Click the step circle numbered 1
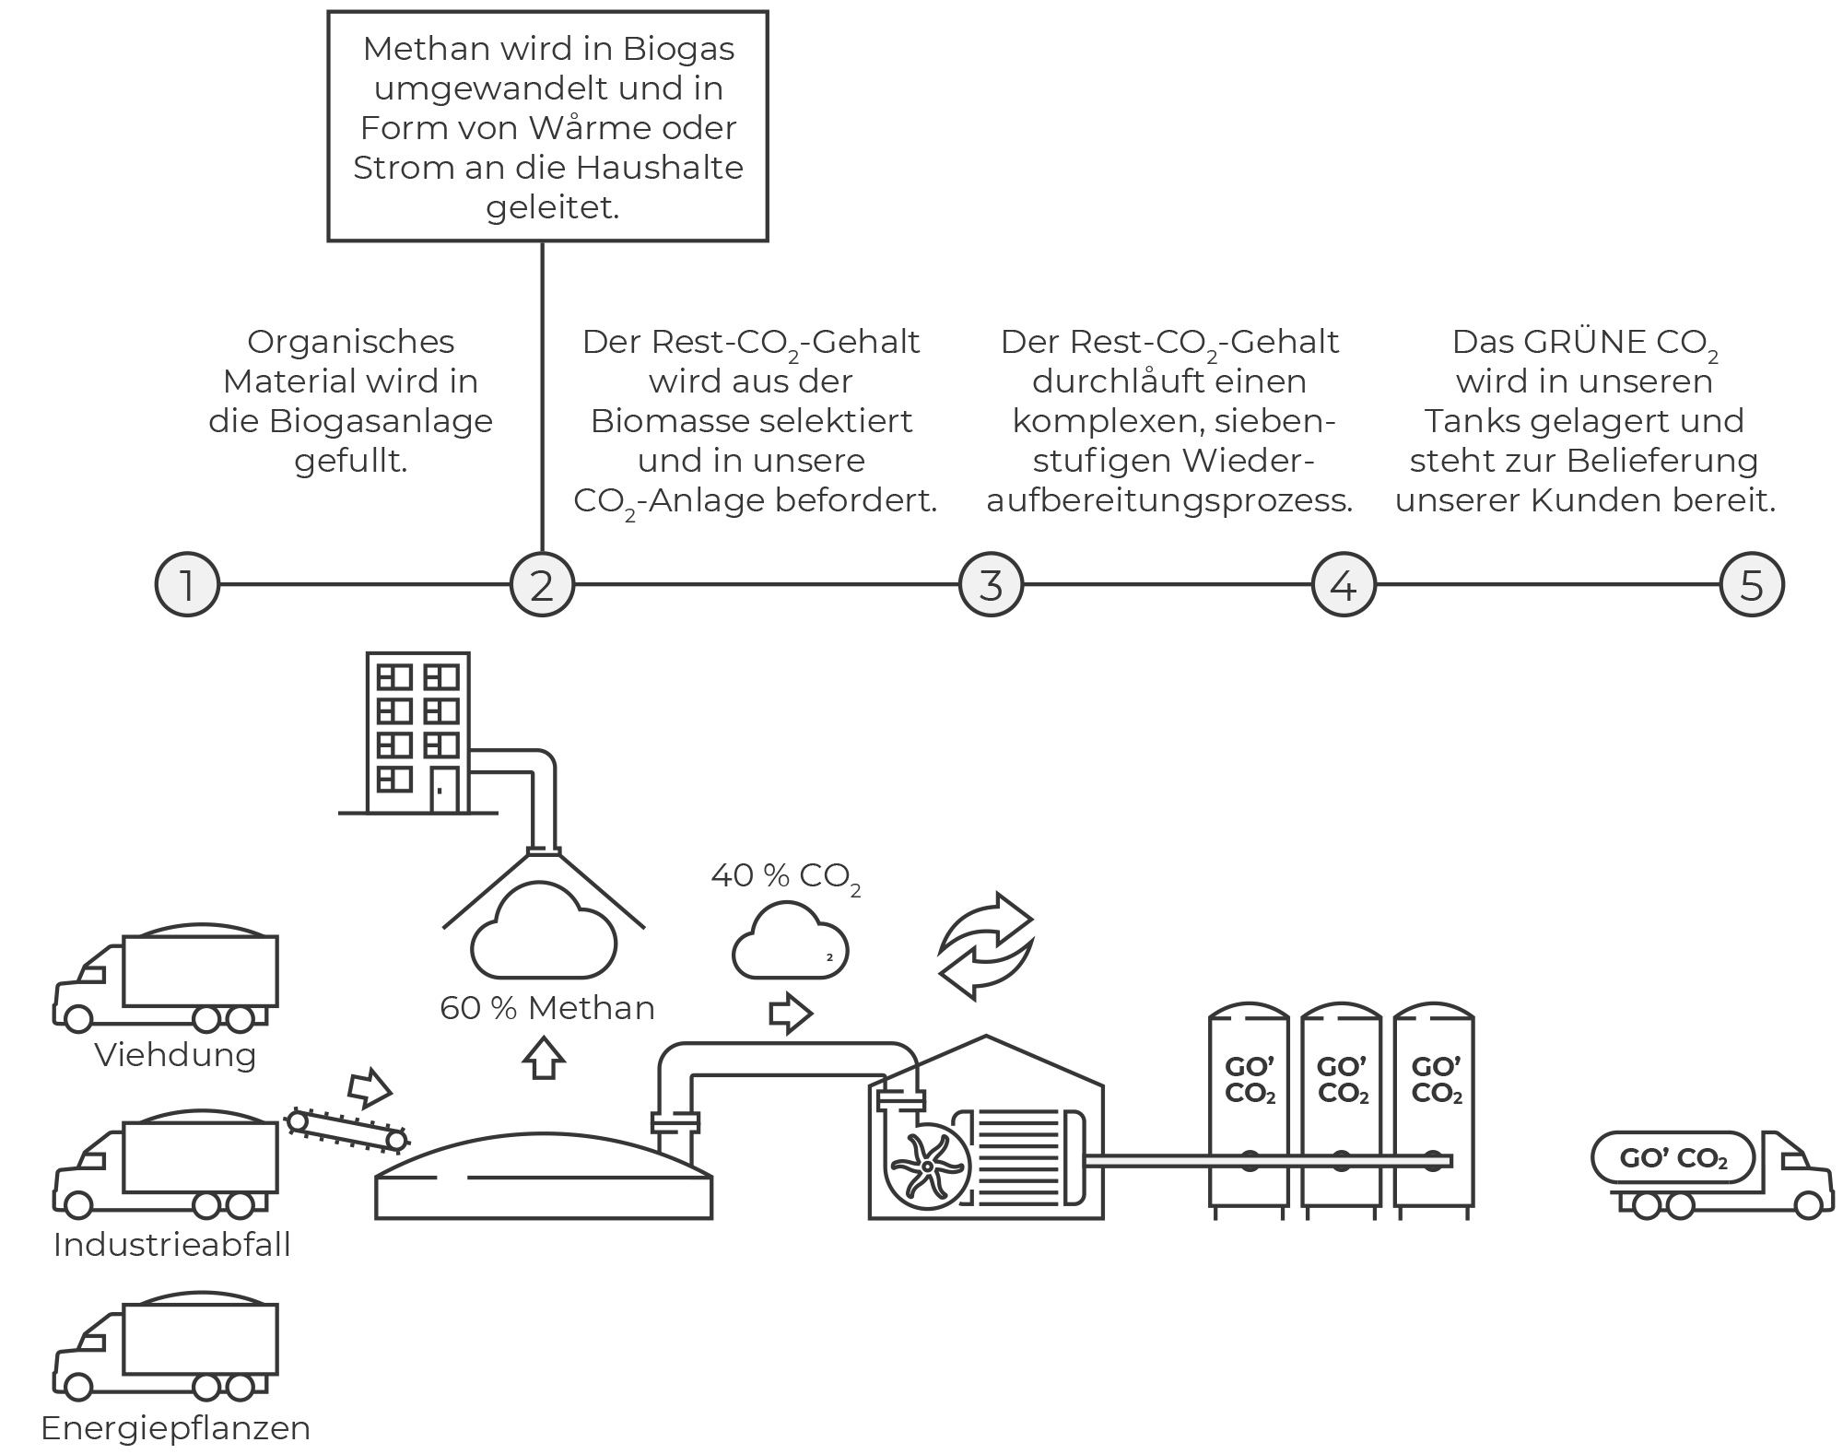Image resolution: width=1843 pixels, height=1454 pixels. pyautogui.click(x=187, y=584)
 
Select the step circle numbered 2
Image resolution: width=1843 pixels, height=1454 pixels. pyautogui.click(x=542, y=584)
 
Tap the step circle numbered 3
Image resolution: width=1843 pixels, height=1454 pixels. pyautogui.click(x=991, y=584)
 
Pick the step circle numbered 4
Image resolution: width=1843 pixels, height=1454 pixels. pyautogui.click(x=1344, y=584)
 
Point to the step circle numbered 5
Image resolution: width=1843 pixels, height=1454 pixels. pyautogui.click(x=1752, y=584)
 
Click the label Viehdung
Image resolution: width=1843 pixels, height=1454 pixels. pyautogui.click(x=175, y=1055)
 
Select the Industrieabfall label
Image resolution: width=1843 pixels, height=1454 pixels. pyautogui.click(x=172, y=1245)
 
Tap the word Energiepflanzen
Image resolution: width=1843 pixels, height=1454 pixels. pyautogui.click(x=176, y=1428)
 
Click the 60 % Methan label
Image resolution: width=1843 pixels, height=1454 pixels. pyautogui.click(x=547, y=1008)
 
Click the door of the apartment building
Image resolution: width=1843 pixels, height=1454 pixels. pyautogui.click(x=444, y=790)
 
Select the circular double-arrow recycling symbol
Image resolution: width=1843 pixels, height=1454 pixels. pyautogui.click(x=986, y=945)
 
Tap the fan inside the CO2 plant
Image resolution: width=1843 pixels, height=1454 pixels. pyautogui.click(x=926, y=1166)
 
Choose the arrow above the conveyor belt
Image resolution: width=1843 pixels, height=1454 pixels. pyautogui.click(x=370, y=1087)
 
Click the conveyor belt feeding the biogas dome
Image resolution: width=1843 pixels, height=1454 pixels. pyautogui.click(x=346, y=1131)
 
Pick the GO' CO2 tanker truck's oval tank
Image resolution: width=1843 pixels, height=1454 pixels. pyautogui.click(x=1673, y=1158)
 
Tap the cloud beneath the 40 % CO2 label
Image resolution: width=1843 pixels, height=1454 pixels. pyautogui.click(x=791, y=941)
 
